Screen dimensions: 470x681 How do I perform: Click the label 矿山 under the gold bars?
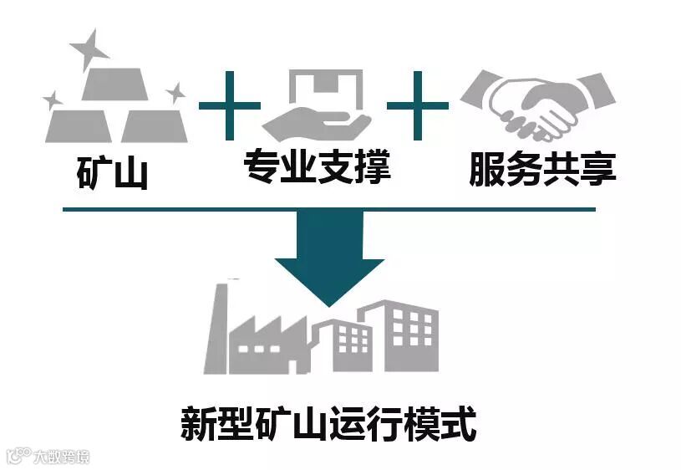(112, 173)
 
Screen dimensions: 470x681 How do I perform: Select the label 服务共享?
(542, 170)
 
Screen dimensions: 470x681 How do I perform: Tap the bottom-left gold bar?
(79, 125)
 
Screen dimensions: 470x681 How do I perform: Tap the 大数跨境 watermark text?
(61, 457)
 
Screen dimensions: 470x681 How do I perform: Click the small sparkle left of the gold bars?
(52, 101)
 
